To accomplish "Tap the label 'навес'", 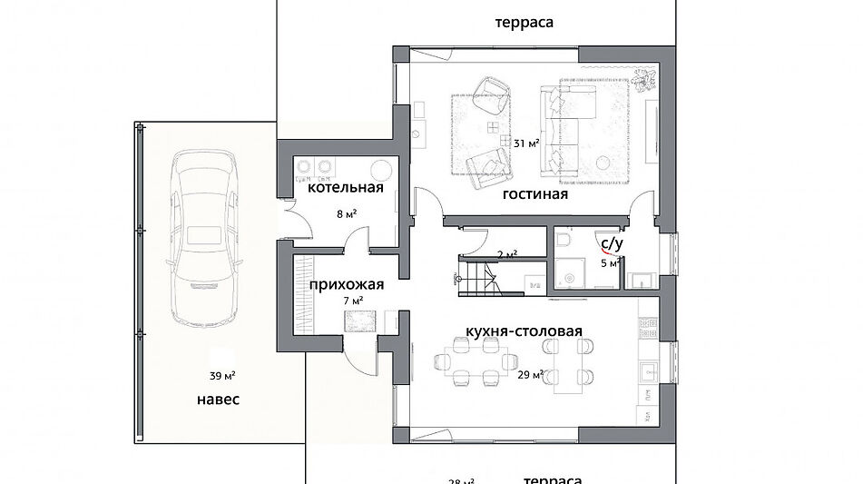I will (x=218, y=400).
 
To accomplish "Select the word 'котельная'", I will (x=345, y=189).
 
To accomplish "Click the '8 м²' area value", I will (x=345, y=214).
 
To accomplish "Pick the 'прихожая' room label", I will (x=346, y=284).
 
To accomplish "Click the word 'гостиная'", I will (x=535, y=194).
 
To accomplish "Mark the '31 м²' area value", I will (x=526, y=143).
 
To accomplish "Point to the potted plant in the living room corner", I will (x=645, y=81).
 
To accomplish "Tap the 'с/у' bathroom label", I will (x=610, y=243).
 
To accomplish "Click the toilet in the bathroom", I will (x=564, y=239).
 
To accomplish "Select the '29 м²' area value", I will (x=530, y=374).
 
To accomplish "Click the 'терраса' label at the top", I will (x=525, y=22).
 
